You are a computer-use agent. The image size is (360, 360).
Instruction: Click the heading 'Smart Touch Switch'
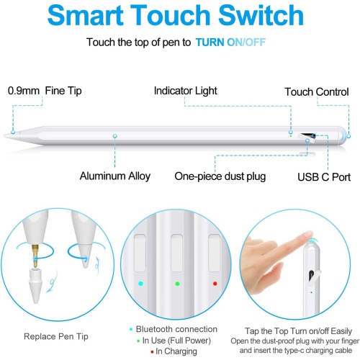pyautogui.click(x=180, y=16)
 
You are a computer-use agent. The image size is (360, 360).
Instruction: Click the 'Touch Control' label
pyautogui.click(x=316, y=92)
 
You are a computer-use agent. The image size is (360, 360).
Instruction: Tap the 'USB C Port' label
pyautogui.click(x=324, y=176)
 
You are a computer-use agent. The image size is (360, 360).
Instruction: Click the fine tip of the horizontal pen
pyautogui.click(x=9, y=134)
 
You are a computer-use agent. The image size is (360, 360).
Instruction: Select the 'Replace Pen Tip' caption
pyautogui.click(x=57, y=336)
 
